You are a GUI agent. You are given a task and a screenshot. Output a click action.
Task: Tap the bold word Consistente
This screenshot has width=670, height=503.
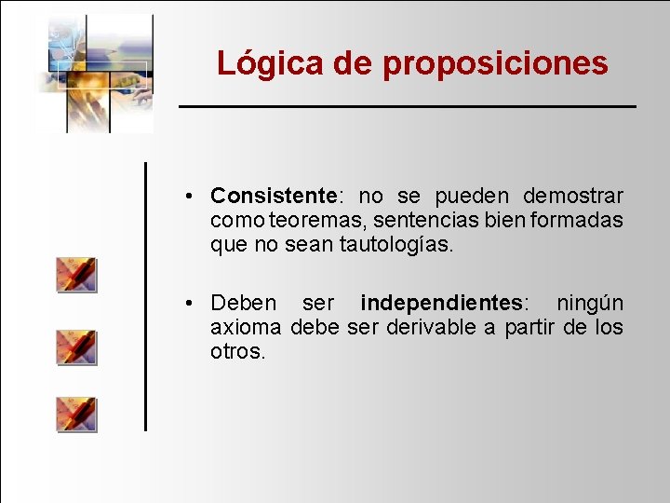click(273, 196)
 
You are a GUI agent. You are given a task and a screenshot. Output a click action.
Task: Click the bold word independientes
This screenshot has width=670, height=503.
click(440, 303)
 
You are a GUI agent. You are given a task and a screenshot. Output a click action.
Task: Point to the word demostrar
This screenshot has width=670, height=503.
click(573, 196)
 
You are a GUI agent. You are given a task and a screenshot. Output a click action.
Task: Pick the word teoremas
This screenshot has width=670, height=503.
click(312, 221)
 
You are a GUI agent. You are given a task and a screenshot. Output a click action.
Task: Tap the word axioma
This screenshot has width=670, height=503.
click(247, 328)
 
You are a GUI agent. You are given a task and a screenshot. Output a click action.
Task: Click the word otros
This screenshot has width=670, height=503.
click(237, 352)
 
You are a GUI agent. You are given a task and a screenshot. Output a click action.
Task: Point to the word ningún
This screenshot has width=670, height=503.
click(590, 303)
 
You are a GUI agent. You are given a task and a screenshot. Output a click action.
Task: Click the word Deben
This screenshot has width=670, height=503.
click(244, 303)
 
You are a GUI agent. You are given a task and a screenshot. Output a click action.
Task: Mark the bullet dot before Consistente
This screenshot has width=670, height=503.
click(189, 197)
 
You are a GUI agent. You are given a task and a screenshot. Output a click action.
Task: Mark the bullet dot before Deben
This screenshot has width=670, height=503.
click(189, 304)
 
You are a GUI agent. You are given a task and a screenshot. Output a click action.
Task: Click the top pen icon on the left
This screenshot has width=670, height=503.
click(75, 275)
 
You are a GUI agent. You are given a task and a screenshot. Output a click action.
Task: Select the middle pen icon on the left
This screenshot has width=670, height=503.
click(75, 347)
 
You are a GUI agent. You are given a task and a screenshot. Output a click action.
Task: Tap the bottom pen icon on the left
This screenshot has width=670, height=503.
click(75, 414)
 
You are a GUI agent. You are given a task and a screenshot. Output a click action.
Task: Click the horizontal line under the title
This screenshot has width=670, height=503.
click(408, 107)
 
